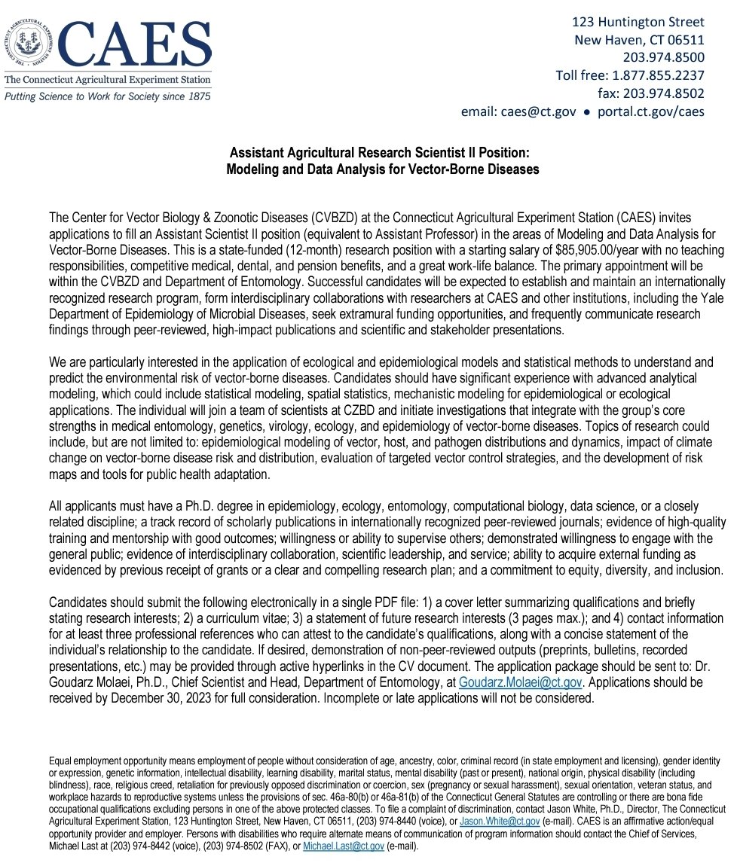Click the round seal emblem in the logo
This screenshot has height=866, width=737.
[29, 42]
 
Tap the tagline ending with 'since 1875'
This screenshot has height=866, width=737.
[107, 96]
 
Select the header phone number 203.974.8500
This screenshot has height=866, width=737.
[663, 57]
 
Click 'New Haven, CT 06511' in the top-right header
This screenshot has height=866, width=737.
[639, 40]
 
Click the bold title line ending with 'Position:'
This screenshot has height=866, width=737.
[382, 152]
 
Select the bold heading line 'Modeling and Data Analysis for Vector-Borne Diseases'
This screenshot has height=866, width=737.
[382, 169]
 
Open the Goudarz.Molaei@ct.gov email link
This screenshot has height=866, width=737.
[510, 682]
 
